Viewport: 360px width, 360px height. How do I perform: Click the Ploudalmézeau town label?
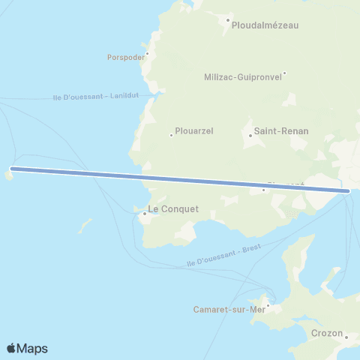pyautogui.click(x=265, y=25)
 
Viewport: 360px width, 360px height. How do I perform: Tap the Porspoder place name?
pyautogui.click(x=125, y=55)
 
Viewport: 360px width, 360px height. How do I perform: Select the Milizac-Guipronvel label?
pyautogui.click(x=242, y=76)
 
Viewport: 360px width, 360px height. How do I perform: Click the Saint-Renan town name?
pyautogui.click(x=281, y=130)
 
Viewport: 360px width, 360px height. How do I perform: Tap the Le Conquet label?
pyautogui.click(x=173, y=209)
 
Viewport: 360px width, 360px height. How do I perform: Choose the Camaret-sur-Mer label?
pyautogui.click(x=229, y=310)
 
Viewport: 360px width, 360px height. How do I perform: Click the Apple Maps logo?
pyautogui.click(x=27, y=348)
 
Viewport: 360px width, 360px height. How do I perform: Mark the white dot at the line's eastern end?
pyautogui.click(x=347, y=191)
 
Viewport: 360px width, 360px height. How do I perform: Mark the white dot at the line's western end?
pyautogui.click(x=12, y=169)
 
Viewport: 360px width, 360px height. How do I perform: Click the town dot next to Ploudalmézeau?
pyautogui.click(x=228, y=20)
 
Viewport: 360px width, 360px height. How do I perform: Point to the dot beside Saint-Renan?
pyautogui.click(x=250, y=136)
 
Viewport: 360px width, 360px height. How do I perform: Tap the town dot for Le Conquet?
pyautogui.click(x=144, y=214)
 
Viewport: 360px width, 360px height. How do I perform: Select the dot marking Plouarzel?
pyautogui.click(x=172, y=135)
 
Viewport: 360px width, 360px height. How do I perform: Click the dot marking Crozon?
pyautogui.click(x=346, y=337)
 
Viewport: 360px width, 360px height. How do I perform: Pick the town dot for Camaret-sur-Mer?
pyautogui.click(x=267, y=304)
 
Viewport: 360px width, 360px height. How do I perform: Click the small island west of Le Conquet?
pyautogui.click(x=86, y=223)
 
